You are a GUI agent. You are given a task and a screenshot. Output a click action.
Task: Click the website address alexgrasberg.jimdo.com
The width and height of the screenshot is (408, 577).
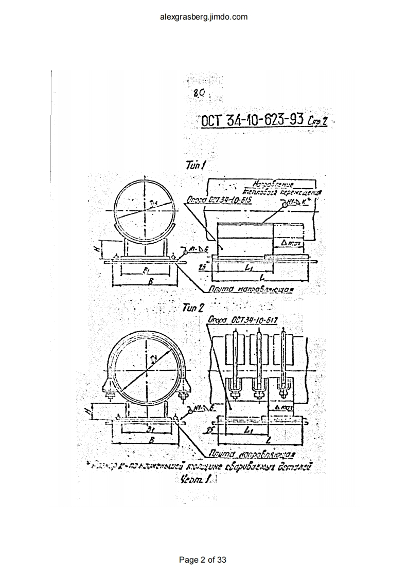pos(204,16)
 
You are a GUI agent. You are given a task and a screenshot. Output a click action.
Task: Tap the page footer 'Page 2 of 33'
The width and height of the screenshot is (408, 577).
pos(203,560)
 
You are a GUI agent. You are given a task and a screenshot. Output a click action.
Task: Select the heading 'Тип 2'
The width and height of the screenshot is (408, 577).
pos(194,308)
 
